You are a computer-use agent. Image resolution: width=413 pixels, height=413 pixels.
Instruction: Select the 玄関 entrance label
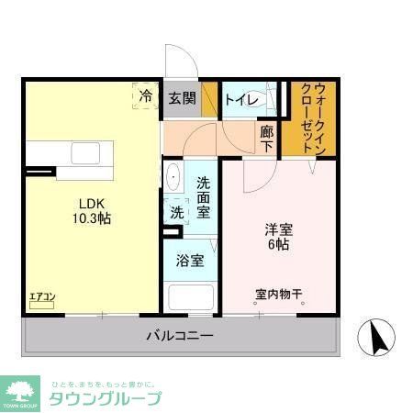[x=182, y=98]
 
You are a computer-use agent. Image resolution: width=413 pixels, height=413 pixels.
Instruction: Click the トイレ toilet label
[x=240, y=98]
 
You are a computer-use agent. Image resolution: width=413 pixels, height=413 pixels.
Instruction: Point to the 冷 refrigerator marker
[x=146, y=95]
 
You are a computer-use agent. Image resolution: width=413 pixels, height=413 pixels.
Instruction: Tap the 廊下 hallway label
[x=266, y=139]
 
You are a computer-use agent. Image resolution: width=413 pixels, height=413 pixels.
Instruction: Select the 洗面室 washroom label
[x=204, y=196]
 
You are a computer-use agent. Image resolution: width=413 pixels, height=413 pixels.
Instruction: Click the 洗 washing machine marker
[x=176, y=212]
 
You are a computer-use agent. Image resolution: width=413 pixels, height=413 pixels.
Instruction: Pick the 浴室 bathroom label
[x=190, y=260]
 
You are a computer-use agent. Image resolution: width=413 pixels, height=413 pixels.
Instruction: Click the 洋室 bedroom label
[x=278, y=229]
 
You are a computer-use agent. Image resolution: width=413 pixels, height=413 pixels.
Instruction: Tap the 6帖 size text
[x=278, y=245]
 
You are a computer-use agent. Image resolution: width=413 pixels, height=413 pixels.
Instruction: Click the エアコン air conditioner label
[x=42, y=296]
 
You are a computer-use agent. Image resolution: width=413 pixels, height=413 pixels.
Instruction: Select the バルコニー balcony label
[x=180, y=336]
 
